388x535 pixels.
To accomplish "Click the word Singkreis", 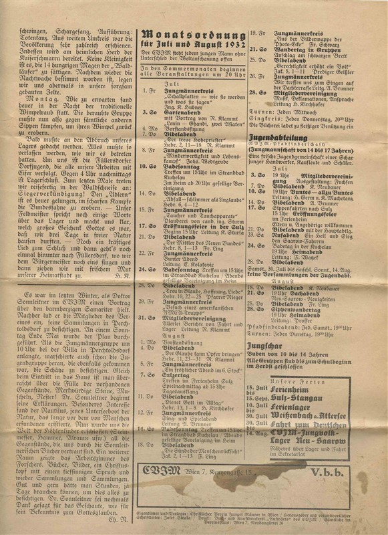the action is coord(262,124).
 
